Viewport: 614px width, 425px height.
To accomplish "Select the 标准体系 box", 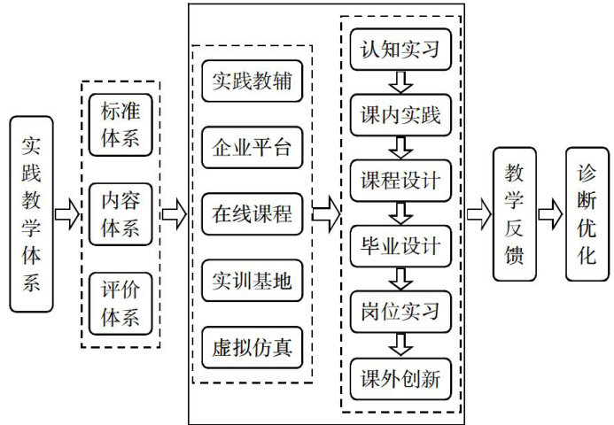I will click(120, 124).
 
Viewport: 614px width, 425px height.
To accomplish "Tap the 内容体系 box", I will click(120, 213).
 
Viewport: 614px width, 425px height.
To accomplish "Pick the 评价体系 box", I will click(120, 304).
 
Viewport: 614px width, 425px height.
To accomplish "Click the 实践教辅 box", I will click(252, 82).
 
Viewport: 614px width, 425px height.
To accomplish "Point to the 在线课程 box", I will click(252, 213).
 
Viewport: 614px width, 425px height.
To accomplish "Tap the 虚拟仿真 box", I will click(252, 345).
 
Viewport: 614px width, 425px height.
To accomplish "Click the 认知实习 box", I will click(400, 50).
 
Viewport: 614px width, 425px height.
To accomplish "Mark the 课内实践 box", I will click(400, 115).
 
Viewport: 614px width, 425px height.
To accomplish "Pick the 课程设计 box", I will click(400, 181).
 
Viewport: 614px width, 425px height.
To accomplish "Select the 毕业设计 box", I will click(400, 246).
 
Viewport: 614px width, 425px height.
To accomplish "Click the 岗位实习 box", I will click(400, 312).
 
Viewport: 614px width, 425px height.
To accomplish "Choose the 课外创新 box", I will click(400, 377).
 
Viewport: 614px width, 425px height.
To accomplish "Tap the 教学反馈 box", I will click(515, 213).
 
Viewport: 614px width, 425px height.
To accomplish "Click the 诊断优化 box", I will click(587, 213).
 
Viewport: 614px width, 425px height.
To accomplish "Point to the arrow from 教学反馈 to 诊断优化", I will click(550, 213).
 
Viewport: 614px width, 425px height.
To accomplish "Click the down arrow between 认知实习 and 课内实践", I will click(400, 82).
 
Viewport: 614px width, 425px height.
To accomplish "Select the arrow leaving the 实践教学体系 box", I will click(66, 213).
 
